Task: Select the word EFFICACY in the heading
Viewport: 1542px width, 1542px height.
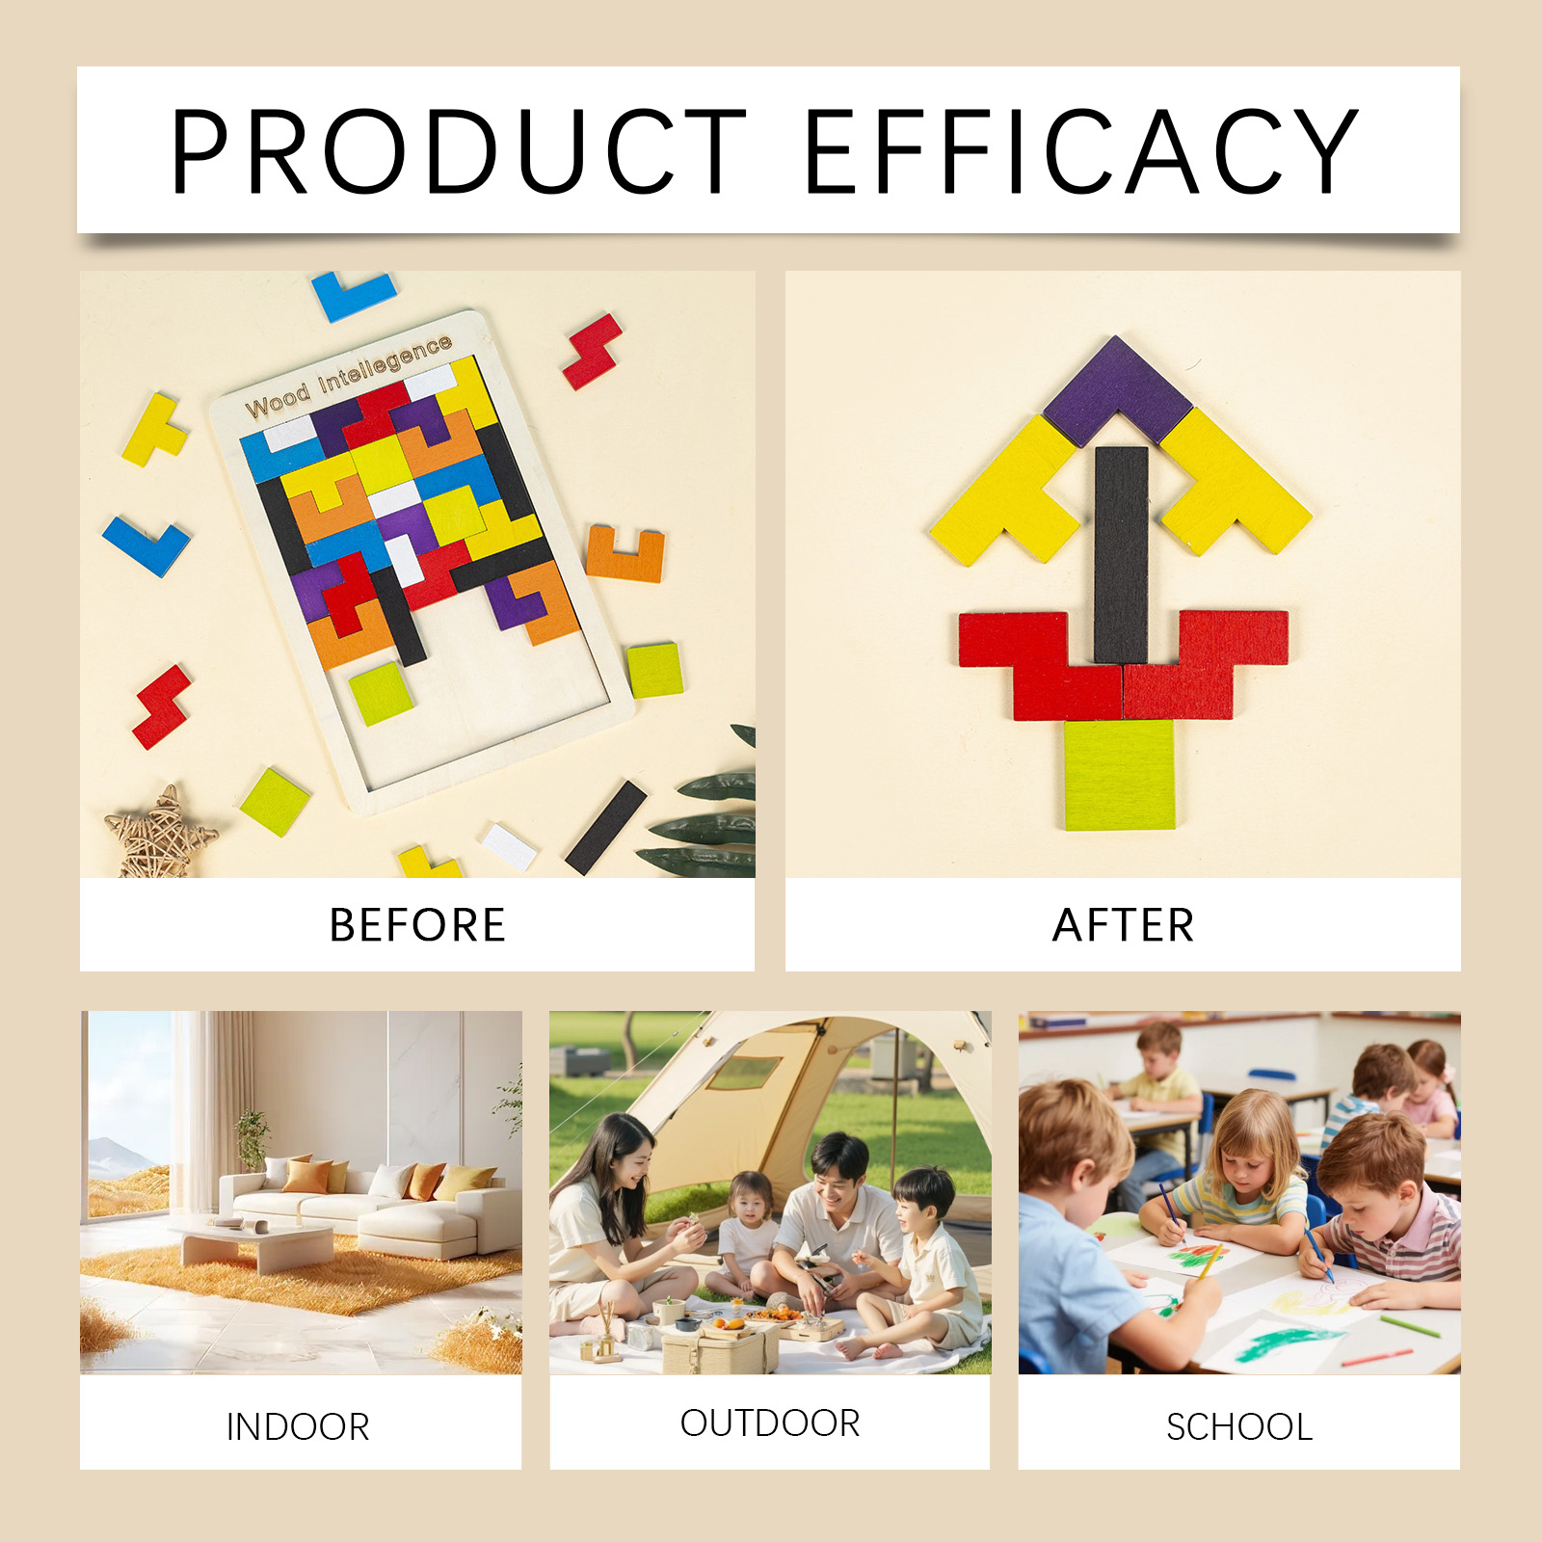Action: pos(1080,151)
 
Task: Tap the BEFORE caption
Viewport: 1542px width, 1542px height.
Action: pos(417,925)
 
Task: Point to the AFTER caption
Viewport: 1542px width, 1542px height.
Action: pos(1124,925)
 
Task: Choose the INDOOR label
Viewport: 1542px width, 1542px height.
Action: pos(298,1426)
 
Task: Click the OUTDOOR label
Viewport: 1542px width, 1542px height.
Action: pos(770,1422)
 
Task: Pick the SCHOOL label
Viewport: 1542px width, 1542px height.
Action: pos(1239,1426)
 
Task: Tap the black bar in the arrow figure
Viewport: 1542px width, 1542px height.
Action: pos(1121,555)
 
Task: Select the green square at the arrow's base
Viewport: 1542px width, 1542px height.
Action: pos(1120,774)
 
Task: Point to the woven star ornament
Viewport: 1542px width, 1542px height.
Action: pos(160,835)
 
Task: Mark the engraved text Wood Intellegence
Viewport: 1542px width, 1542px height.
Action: pos(348,376)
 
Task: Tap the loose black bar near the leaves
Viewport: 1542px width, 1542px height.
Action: pos(605,828)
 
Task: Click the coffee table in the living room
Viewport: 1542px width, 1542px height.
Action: pos(253,1243)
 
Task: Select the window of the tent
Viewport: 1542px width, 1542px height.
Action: pos(745,1072)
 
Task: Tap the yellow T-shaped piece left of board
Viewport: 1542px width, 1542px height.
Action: pos(155,430)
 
